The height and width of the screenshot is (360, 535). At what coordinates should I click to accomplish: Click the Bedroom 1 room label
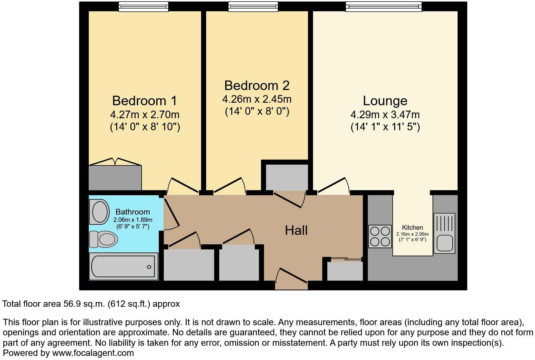click(x=144, y=101)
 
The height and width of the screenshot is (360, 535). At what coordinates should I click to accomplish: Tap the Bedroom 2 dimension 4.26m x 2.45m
click(x=257, y=99)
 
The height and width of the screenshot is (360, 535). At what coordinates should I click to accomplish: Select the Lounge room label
click(x=385, y=101)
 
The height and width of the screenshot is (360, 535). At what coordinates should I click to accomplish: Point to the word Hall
click(x=296, y=230)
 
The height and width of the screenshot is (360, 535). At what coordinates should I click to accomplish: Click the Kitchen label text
click(x=412, y=228)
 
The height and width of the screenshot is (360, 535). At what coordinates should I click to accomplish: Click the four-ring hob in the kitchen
click(x=380, y=236)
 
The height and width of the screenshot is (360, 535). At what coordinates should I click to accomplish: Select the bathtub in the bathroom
click(x=123, y=267)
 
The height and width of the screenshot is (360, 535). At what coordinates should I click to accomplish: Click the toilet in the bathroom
click(x=104, y=239)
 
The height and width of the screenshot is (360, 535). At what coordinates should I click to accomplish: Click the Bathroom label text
click(x=132, y=212)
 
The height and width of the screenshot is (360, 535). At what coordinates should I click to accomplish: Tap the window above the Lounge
click(x=384, y=6)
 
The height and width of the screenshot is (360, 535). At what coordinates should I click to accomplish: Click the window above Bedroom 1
click(x=143, y=6)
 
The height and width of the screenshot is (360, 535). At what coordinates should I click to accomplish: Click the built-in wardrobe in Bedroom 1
click(x=115, y=177)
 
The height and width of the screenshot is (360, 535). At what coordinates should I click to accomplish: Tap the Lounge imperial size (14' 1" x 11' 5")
click(x=385, y=127)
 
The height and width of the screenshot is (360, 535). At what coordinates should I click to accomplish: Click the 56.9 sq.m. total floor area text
click(x=84, y=304)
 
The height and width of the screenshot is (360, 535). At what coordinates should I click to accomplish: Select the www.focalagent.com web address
click(x=93, y=353)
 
